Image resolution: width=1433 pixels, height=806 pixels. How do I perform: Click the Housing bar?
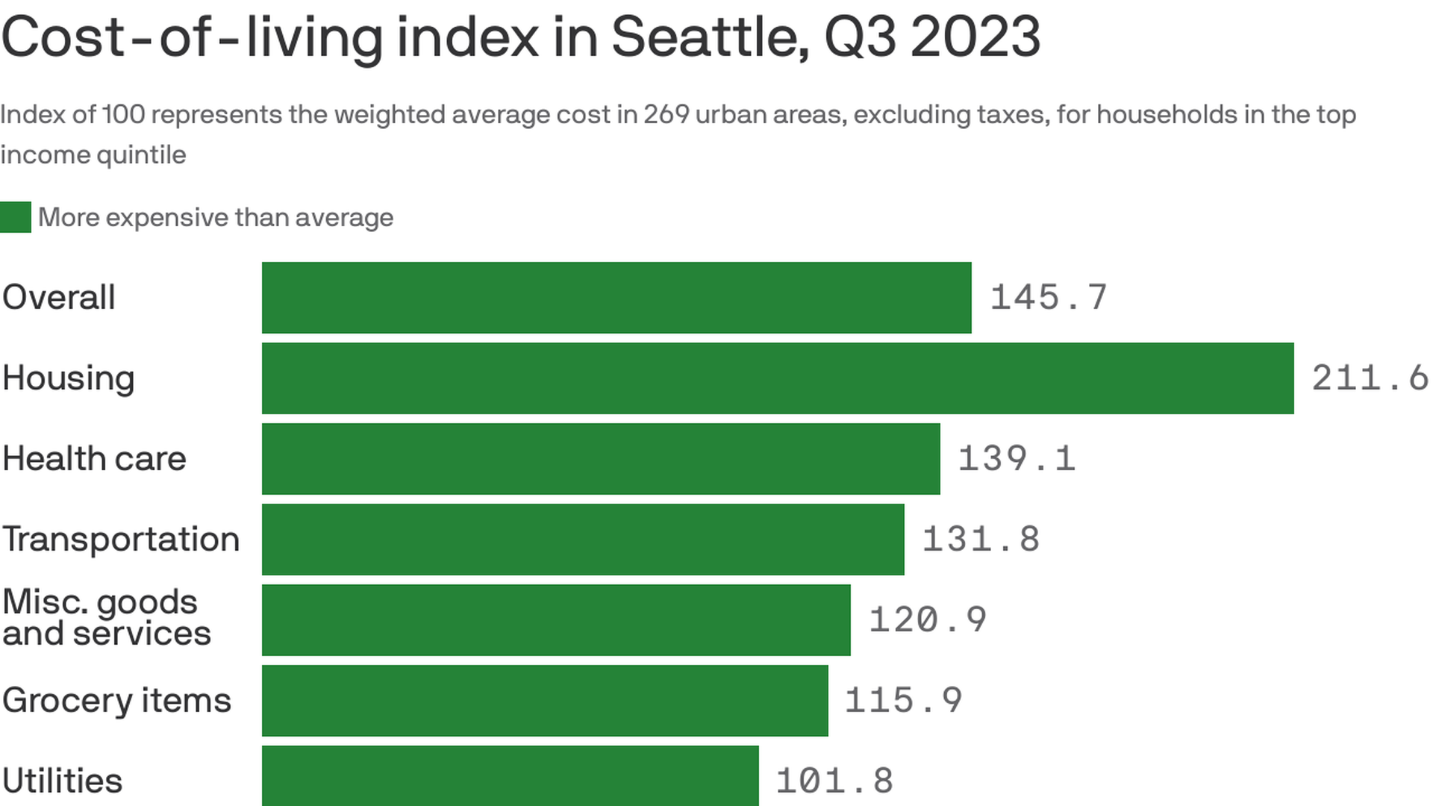[777, 378]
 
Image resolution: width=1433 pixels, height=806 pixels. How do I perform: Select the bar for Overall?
[616, 298]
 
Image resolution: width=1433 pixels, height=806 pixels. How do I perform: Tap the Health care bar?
[601, 459]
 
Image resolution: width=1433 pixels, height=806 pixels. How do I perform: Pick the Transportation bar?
[583, 540]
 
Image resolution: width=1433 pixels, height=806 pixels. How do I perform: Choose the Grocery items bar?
[545, 701]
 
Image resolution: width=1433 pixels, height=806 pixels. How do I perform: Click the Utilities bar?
[510, 776]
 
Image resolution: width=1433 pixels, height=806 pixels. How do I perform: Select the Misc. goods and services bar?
[556, 620]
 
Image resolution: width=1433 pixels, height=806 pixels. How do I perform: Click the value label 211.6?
[1370, 378]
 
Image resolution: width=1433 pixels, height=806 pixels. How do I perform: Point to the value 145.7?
[1048, 298]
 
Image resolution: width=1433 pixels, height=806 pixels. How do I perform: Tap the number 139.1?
[1016, 459]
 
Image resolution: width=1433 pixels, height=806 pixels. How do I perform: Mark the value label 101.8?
[834, 781]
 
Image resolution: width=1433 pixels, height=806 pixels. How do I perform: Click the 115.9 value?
[903, 701]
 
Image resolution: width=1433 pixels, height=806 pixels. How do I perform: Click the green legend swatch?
[16, 217]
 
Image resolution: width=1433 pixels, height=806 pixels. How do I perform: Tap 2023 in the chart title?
[975, 37]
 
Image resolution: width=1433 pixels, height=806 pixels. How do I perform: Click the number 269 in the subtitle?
[666, 115]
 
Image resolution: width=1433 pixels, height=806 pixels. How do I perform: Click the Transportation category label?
[121, 540]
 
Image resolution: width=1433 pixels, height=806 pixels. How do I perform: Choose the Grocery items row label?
[116, 701]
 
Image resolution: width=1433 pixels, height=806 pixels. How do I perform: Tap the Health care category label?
[94, 459]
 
